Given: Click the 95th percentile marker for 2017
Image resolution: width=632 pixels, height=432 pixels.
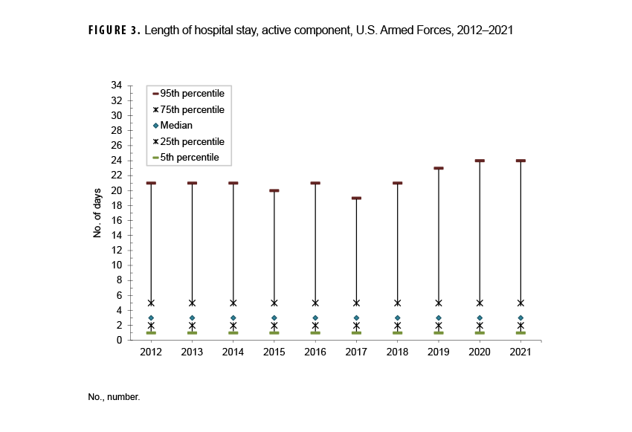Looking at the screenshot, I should pos(356,198).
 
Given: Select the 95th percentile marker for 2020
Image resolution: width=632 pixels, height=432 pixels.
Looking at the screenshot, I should pos(480,161).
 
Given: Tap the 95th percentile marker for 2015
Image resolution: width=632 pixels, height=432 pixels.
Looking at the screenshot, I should pos(274,190).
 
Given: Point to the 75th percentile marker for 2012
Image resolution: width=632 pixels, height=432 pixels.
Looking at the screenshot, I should pos(151,303).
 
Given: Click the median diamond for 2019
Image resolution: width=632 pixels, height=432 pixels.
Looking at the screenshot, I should pos(438,317).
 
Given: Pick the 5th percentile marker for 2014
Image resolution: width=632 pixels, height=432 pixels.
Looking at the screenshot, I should pos(233,332).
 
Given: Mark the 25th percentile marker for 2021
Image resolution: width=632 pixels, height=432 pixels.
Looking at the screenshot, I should pos(520,325).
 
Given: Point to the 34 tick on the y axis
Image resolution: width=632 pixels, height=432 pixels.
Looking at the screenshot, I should pos(117,86).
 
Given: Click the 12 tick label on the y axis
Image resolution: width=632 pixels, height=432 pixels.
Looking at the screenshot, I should pos(117,251).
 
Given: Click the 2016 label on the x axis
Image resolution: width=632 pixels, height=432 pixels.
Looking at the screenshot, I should pos(315,352).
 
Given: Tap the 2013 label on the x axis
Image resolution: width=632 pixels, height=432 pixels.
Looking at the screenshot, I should pos(192,352).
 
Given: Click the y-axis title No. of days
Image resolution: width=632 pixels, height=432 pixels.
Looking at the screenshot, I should pos(97,213).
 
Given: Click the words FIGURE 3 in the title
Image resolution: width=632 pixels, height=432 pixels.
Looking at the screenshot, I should pos(113,31).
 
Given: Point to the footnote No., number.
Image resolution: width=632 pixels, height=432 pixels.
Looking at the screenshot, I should pos(115,397).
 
